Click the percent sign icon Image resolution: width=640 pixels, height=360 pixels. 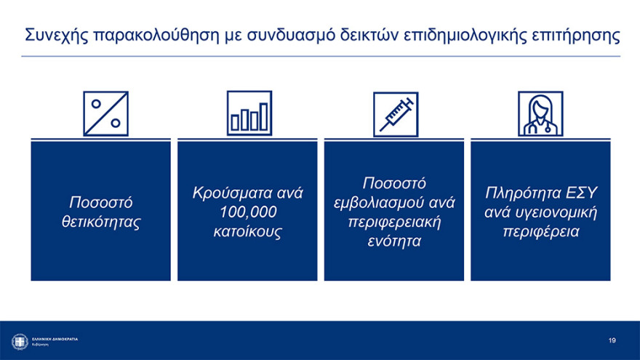[x=106, y=113]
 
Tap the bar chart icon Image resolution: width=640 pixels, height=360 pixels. [x=249, y=113]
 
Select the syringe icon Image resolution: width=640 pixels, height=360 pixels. [x=396, y=114]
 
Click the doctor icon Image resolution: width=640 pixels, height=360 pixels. [x=540, y=113]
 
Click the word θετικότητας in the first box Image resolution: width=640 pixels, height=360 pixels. [x=101, y=221]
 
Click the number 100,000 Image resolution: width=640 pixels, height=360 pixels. [x=247, y=212]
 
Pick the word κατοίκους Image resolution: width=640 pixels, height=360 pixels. [x=247, y=232]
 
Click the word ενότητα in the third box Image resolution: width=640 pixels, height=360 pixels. [x=394, y=241]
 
